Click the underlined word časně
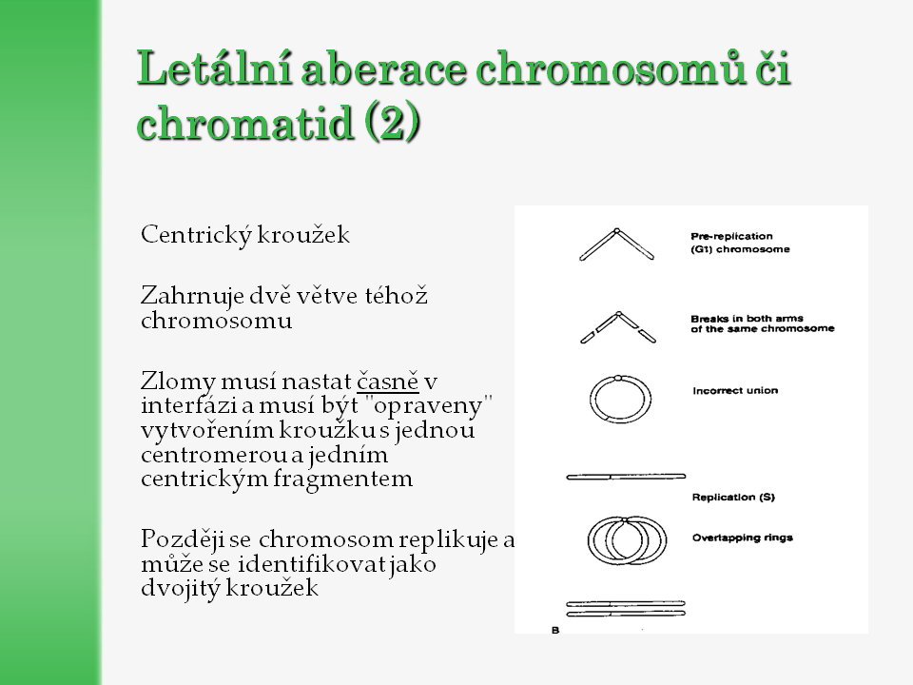coord(388,381)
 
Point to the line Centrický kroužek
coord(245,234)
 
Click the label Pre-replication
coord(732,235)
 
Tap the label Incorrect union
coord(735,390)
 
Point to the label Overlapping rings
coord(742,538)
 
